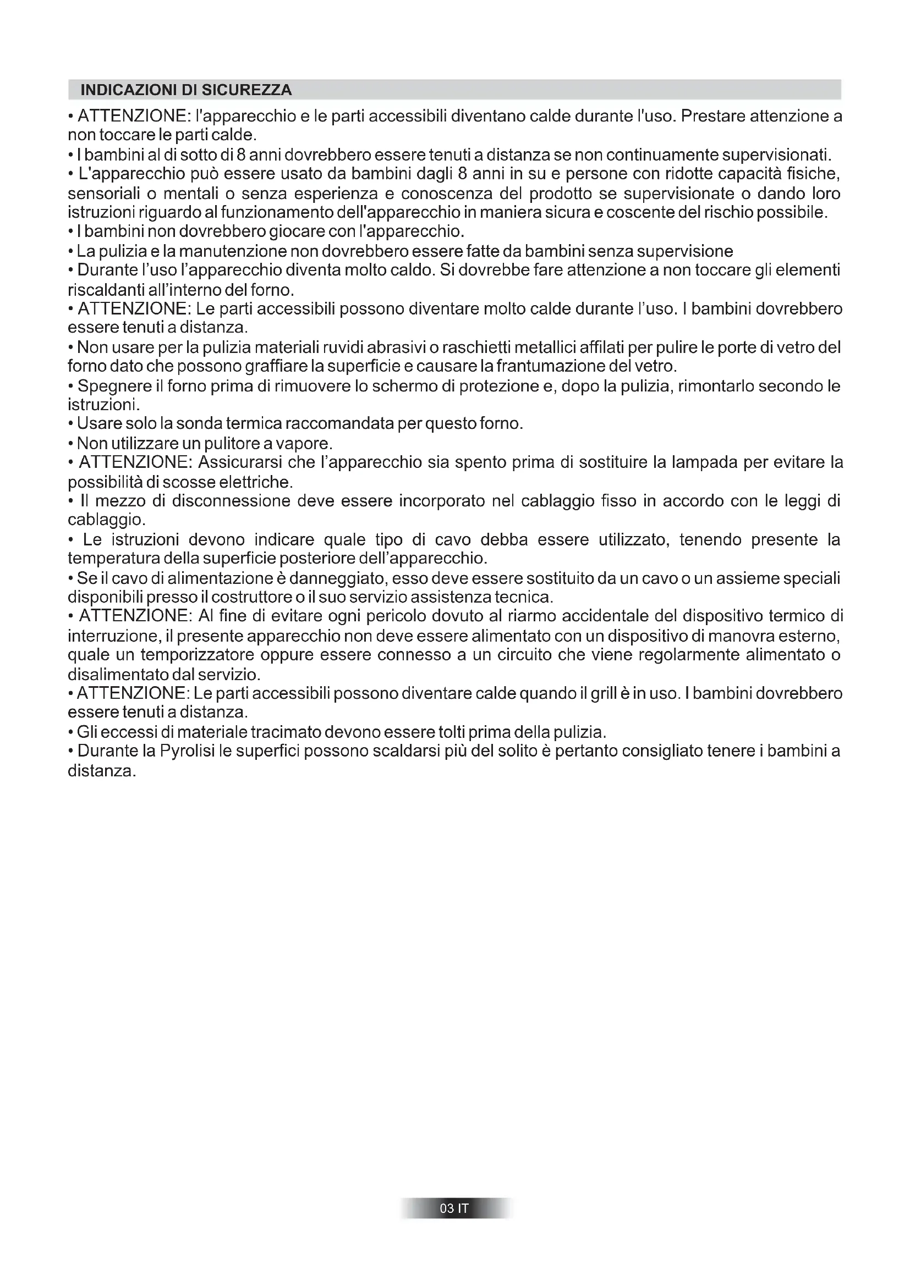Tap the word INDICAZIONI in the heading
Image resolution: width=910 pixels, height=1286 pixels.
click(124, 90)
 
